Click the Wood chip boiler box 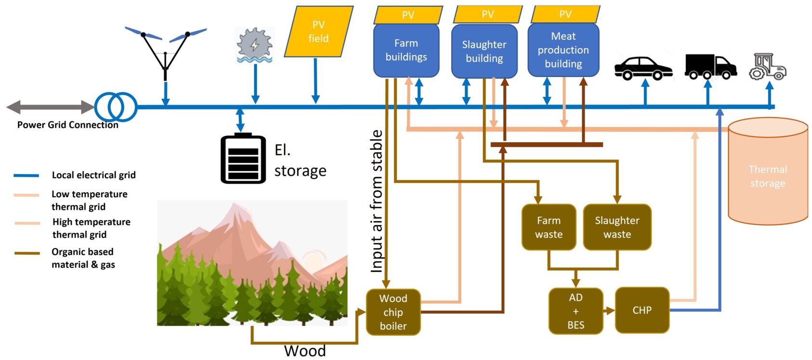click(393, 312)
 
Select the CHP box click(642, 310)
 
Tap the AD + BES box click(575, 311)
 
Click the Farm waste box click(548, 227)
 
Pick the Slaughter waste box click(617, 227)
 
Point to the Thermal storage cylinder click(768, 173)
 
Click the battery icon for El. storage click(243, 159)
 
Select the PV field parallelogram click(319, 31)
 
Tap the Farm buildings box click(406, 50)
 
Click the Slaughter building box click(484, 51)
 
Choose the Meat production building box click(563, 50)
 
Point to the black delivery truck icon click(710, 67)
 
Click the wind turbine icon click(165, 51)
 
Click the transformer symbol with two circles click(116, 107)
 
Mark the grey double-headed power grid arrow click(50, 107)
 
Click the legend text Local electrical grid click(93, 175)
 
